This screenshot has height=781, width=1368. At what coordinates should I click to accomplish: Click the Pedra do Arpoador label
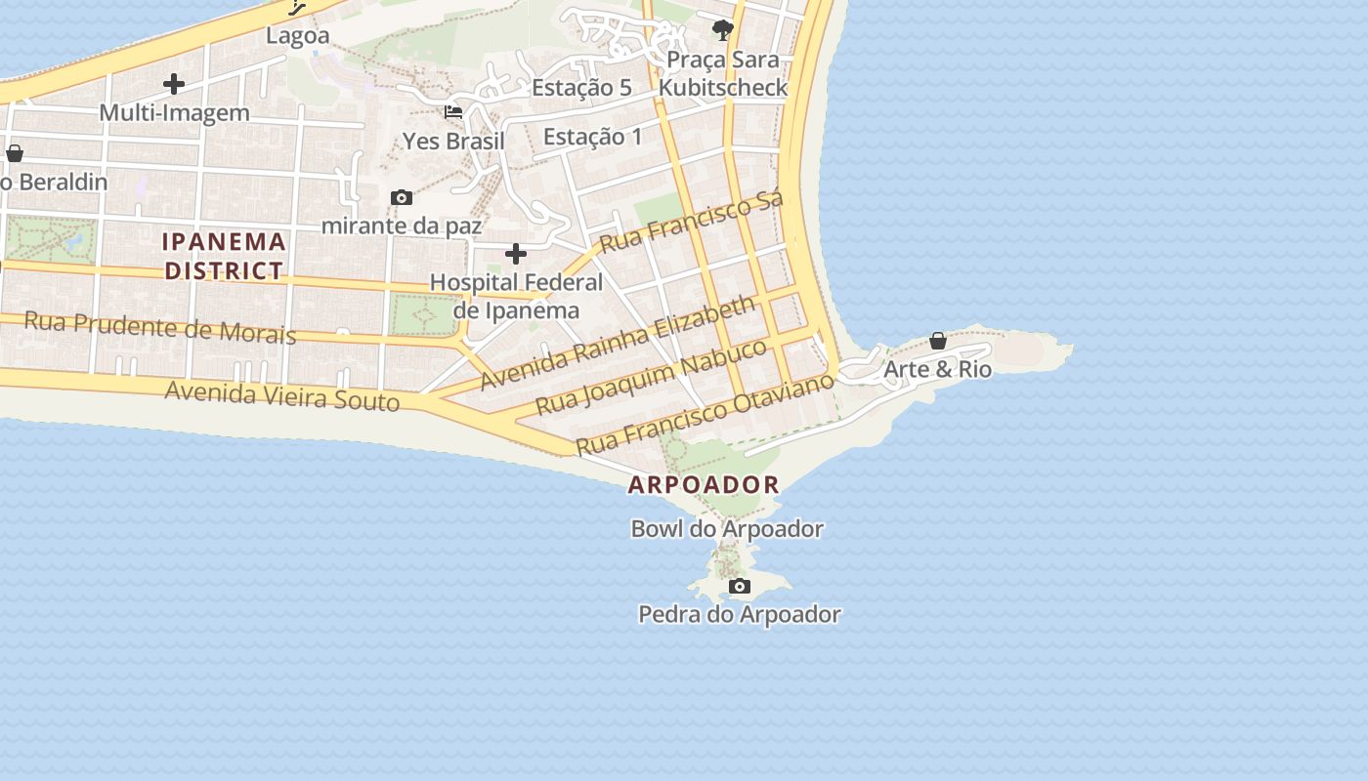tap(739, 614)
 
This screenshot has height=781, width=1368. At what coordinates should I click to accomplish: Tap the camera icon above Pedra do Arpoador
tap(740, 587)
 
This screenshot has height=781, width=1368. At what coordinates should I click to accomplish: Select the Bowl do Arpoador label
tap(727, 529)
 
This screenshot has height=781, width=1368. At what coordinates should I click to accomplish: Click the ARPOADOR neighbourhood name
tap(704, 484)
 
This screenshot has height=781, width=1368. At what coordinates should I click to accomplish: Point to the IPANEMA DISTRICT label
tap(225, 256)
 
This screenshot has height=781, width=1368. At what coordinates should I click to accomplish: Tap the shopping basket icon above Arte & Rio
tap(938, 341)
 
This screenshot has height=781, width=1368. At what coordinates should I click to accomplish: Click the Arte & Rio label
tap(937, 369)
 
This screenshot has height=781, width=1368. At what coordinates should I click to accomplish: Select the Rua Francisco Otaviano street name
tap(705, 413)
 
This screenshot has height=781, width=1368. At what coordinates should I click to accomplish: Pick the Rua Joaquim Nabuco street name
tap(653, 375)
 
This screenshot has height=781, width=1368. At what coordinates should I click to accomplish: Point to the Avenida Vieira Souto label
tap(282, 395)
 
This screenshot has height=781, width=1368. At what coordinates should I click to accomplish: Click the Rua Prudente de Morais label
tap(159, 327)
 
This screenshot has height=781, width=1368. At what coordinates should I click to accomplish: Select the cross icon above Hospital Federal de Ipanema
tap(516, 255)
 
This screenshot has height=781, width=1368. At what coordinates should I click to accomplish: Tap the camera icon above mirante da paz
tap(401, 198)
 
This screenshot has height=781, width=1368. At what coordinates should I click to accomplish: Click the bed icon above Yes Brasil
tap(453, 112)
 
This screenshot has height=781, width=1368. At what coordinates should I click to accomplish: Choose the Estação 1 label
tap(592, 137)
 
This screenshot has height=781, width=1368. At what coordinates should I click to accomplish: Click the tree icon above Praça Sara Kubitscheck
tap(723, 30)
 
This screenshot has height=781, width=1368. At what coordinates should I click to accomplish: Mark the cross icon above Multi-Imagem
tap(174, 84)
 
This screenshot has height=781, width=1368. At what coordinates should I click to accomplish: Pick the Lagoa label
tap(298, 36)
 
